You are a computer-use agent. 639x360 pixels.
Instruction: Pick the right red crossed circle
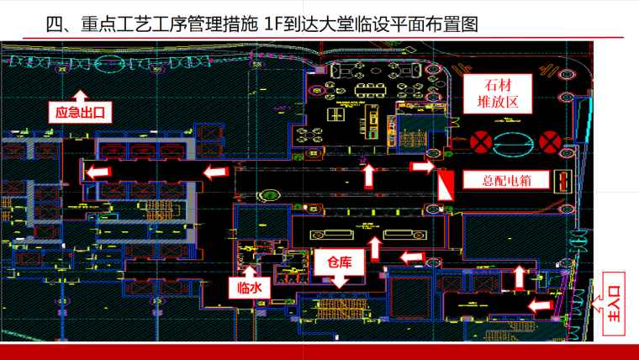(x=551, y=141)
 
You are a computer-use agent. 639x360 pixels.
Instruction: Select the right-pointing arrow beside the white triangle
(x=422, y=167)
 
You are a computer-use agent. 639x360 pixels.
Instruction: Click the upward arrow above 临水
(x=250, y=269)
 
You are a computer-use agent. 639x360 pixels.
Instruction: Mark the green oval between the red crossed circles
(x=516, y=142)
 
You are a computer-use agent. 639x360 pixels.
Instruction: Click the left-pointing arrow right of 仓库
(x=412, y=256)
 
